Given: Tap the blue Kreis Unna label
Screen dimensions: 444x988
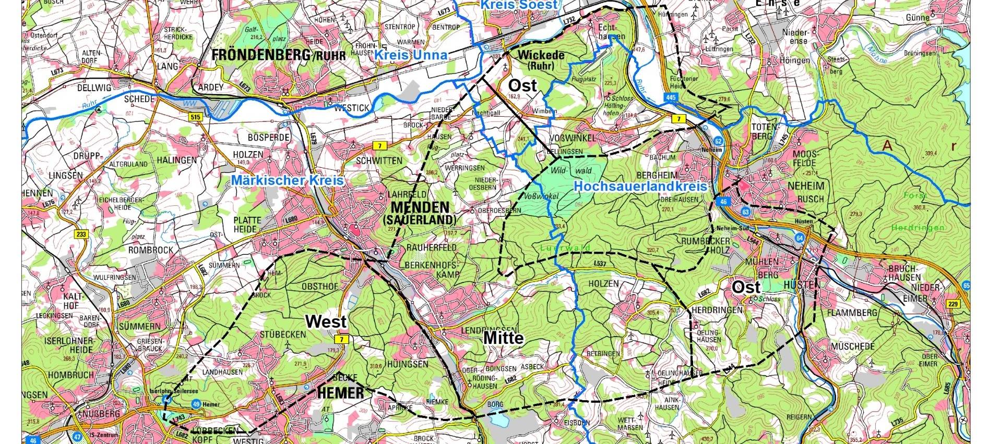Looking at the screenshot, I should [411, 55].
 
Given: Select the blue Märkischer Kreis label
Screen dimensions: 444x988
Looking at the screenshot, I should [288, 180].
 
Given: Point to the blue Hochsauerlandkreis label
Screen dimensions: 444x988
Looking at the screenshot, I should [640, 186].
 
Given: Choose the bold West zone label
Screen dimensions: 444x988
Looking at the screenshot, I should [326, 322].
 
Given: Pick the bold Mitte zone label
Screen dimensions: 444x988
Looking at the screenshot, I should [503, 338].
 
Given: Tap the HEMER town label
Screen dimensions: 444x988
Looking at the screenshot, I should [340, 393].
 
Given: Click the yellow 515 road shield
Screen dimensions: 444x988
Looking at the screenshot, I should [196, 118].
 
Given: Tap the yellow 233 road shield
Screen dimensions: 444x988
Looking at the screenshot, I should [81, 235].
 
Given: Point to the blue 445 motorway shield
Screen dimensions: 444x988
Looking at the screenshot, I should [671, 97].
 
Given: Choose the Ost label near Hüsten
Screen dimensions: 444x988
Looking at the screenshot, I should [746, 287].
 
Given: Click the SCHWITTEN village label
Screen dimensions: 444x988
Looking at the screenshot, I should [378, 161].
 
